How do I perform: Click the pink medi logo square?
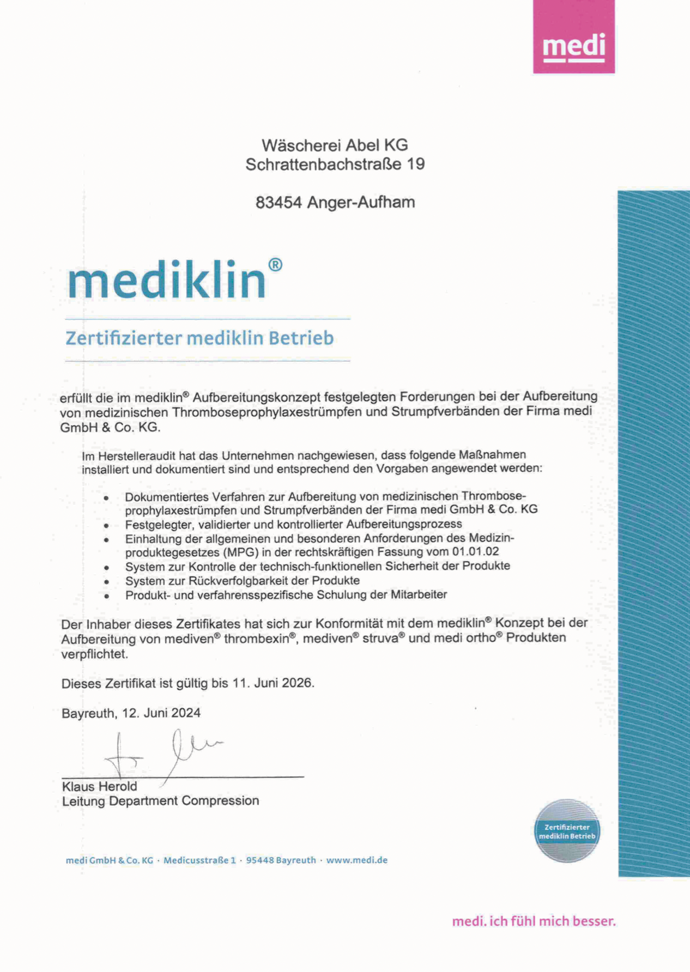[x=573, y=37]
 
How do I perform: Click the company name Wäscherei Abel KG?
[x=335, y=145]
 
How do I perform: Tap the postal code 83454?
[x=279, y=203]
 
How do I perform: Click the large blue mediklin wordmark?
[x=167, y=280]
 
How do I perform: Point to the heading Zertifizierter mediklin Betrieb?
[x=199, y=338]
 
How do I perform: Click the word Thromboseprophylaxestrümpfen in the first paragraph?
[x=267, y=411]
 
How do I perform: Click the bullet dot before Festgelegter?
[x=107, y=526]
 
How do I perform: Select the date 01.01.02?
[x=475, y=551]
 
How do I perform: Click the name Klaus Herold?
[x=99, y=787]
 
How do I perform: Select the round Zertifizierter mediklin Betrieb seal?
[x=567, y=831]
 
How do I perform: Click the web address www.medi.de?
[x=356, y=860]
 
